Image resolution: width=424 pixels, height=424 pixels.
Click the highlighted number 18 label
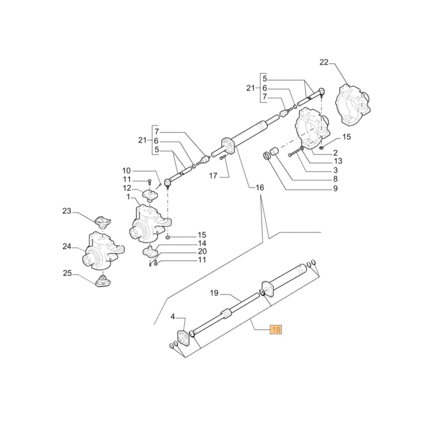(276, 329)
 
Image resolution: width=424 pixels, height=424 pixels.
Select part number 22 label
(324, 63)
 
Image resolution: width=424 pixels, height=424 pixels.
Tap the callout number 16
(259, 187)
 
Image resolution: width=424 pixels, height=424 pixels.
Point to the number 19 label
(214, 293)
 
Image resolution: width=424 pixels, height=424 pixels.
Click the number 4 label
(173, 316)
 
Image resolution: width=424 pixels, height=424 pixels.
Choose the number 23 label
(67, 211)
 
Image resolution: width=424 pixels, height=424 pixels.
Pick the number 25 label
(67, 273)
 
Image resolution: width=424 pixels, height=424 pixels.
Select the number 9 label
(335, 189)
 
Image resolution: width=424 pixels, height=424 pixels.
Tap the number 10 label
(127, 170)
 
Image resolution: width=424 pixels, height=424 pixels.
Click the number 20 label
(202, 251)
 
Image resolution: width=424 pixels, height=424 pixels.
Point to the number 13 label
(338, 161)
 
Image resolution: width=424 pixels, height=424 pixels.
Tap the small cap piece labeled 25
(102, 281)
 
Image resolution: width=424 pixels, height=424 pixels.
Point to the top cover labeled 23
(101, 220)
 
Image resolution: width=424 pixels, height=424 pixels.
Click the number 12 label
(127, 188)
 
